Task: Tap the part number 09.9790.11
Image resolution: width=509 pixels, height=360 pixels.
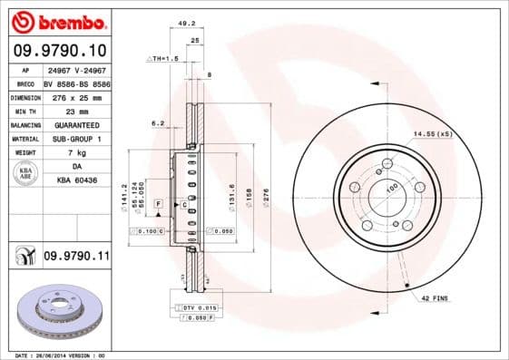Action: pos(76,257)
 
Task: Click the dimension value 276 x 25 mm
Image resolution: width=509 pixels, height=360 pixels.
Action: pos(75,96)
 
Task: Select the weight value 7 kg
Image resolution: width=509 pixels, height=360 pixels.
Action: pos(75,152)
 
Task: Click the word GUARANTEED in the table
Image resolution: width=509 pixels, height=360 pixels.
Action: pos(75,124)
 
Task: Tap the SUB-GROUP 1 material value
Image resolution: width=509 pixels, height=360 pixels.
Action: pos(75,138)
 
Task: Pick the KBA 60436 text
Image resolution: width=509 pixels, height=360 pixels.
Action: pos(75,180)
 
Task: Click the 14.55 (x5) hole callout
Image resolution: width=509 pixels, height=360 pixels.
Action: pos(432,134)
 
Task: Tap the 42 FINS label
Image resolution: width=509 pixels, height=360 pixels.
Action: pos(436,297)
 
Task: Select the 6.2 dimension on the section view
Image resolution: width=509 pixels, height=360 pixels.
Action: pos(158,122)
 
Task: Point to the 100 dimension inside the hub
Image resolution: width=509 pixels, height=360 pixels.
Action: pos(392,187)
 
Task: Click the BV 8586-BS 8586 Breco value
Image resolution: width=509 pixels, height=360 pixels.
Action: pos(75,82)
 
